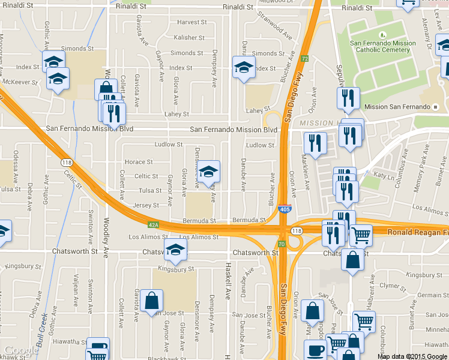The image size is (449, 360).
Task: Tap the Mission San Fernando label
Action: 397,107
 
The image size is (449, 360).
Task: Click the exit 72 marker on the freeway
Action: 305,59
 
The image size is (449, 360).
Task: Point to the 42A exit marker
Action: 154,225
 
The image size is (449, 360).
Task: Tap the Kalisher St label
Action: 189,38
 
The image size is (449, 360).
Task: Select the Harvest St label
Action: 192,22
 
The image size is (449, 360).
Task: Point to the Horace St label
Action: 138,162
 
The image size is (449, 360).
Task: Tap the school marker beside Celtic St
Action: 208,172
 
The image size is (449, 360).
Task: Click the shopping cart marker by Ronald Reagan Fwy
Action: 361,235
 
